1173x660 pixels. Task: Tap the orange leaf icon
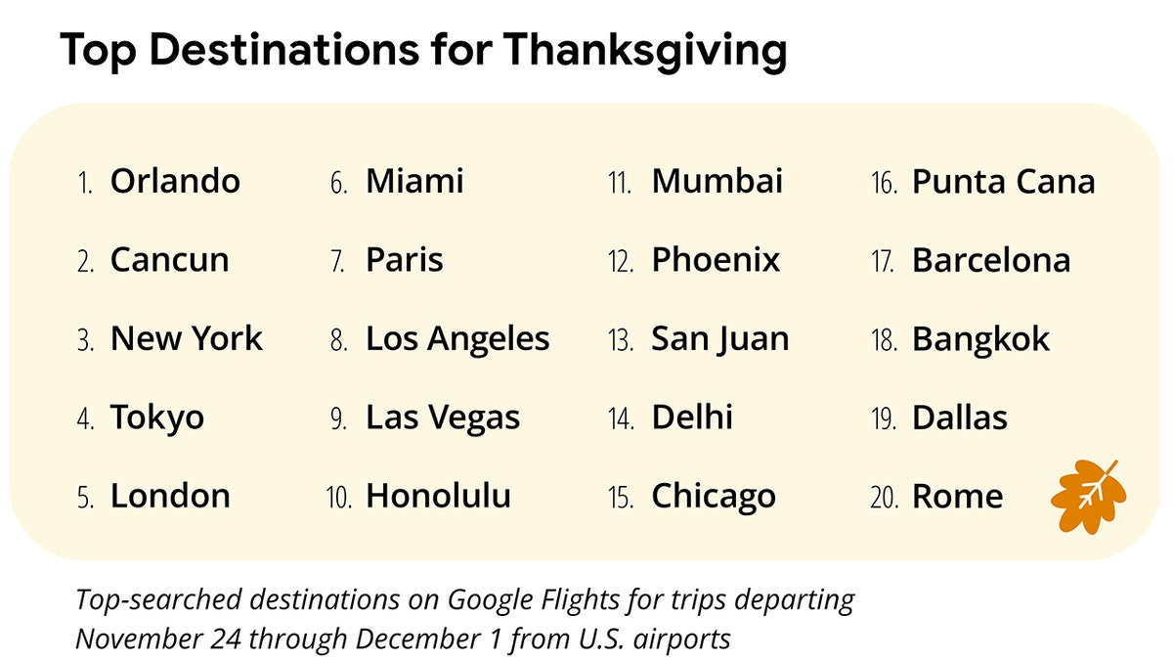[1087, 496]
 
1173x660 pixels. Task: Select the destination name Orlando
[175, 181]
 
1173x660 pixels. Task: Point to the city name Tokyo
[157, 418]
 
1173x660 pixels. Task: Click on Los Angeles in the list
[457, 339]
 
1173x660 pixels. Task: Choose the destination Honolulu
[438, 496]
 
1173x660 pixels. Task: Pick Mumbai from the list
[717, 181]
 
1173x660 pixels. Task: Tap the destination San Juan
[720, 339]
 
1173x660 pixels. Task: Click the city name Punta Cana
[1004, 181]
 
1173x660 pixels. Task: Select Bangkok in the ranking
[980, 339]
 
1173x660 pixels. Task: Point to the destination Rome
[957, 496]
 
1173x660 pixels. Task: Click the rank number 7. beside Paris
[338, 262]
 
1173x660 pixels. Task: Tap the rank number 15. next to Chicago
[620, 498]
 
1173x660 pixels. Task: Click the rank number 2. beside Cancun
[85, 262]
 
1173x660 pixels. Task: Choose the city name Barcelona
[991, 260]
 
